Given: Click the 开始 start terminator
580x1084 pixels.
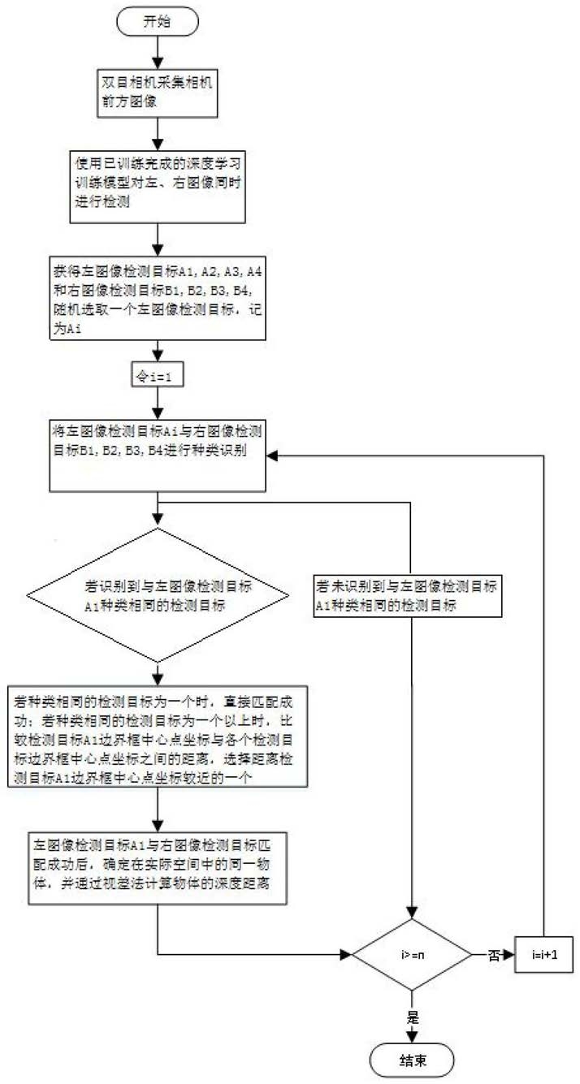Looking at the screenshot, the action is (x=158, y=22).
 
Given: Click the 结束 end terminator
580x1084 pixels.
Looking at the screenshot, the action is (x=412, y=1060).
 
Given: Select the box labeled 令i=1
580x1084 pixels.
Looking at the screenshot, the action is (x=158, y=374).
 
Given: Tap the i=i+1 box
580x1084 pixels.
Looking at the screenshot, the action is (x=544, y=954).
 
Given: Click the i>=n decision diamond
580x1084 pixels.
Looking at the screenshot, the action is (x=412, y=954).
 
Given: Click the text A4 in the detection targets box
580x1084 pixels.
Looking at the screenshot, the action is (x=254, y=272).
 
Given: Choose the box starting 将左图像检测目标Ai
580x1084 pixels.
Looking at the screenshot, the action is (x=158, y=456).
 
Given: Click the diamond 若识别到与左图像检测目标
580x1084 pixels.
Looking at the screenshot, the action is (x=158, y=595).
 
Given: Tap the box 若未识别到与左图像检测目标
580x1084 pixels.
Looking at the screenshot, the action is (x=408, y=596).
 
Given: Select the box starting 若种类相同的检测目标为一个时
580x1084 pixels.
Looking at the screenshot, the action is (x=158, y=736).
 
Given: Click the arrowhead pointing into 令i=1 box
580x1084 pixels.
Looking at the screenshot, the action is (x=158, y=356).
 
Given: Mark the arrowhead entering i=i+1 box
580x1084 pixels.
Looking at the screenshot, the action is (x=509, y=955).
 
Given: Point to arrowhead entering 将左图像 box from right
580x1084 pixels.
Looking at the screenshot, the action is (x=272, y=456).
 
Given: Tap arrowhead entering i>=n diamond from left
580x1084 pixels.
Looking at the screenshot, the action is (x=346, y=955).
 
